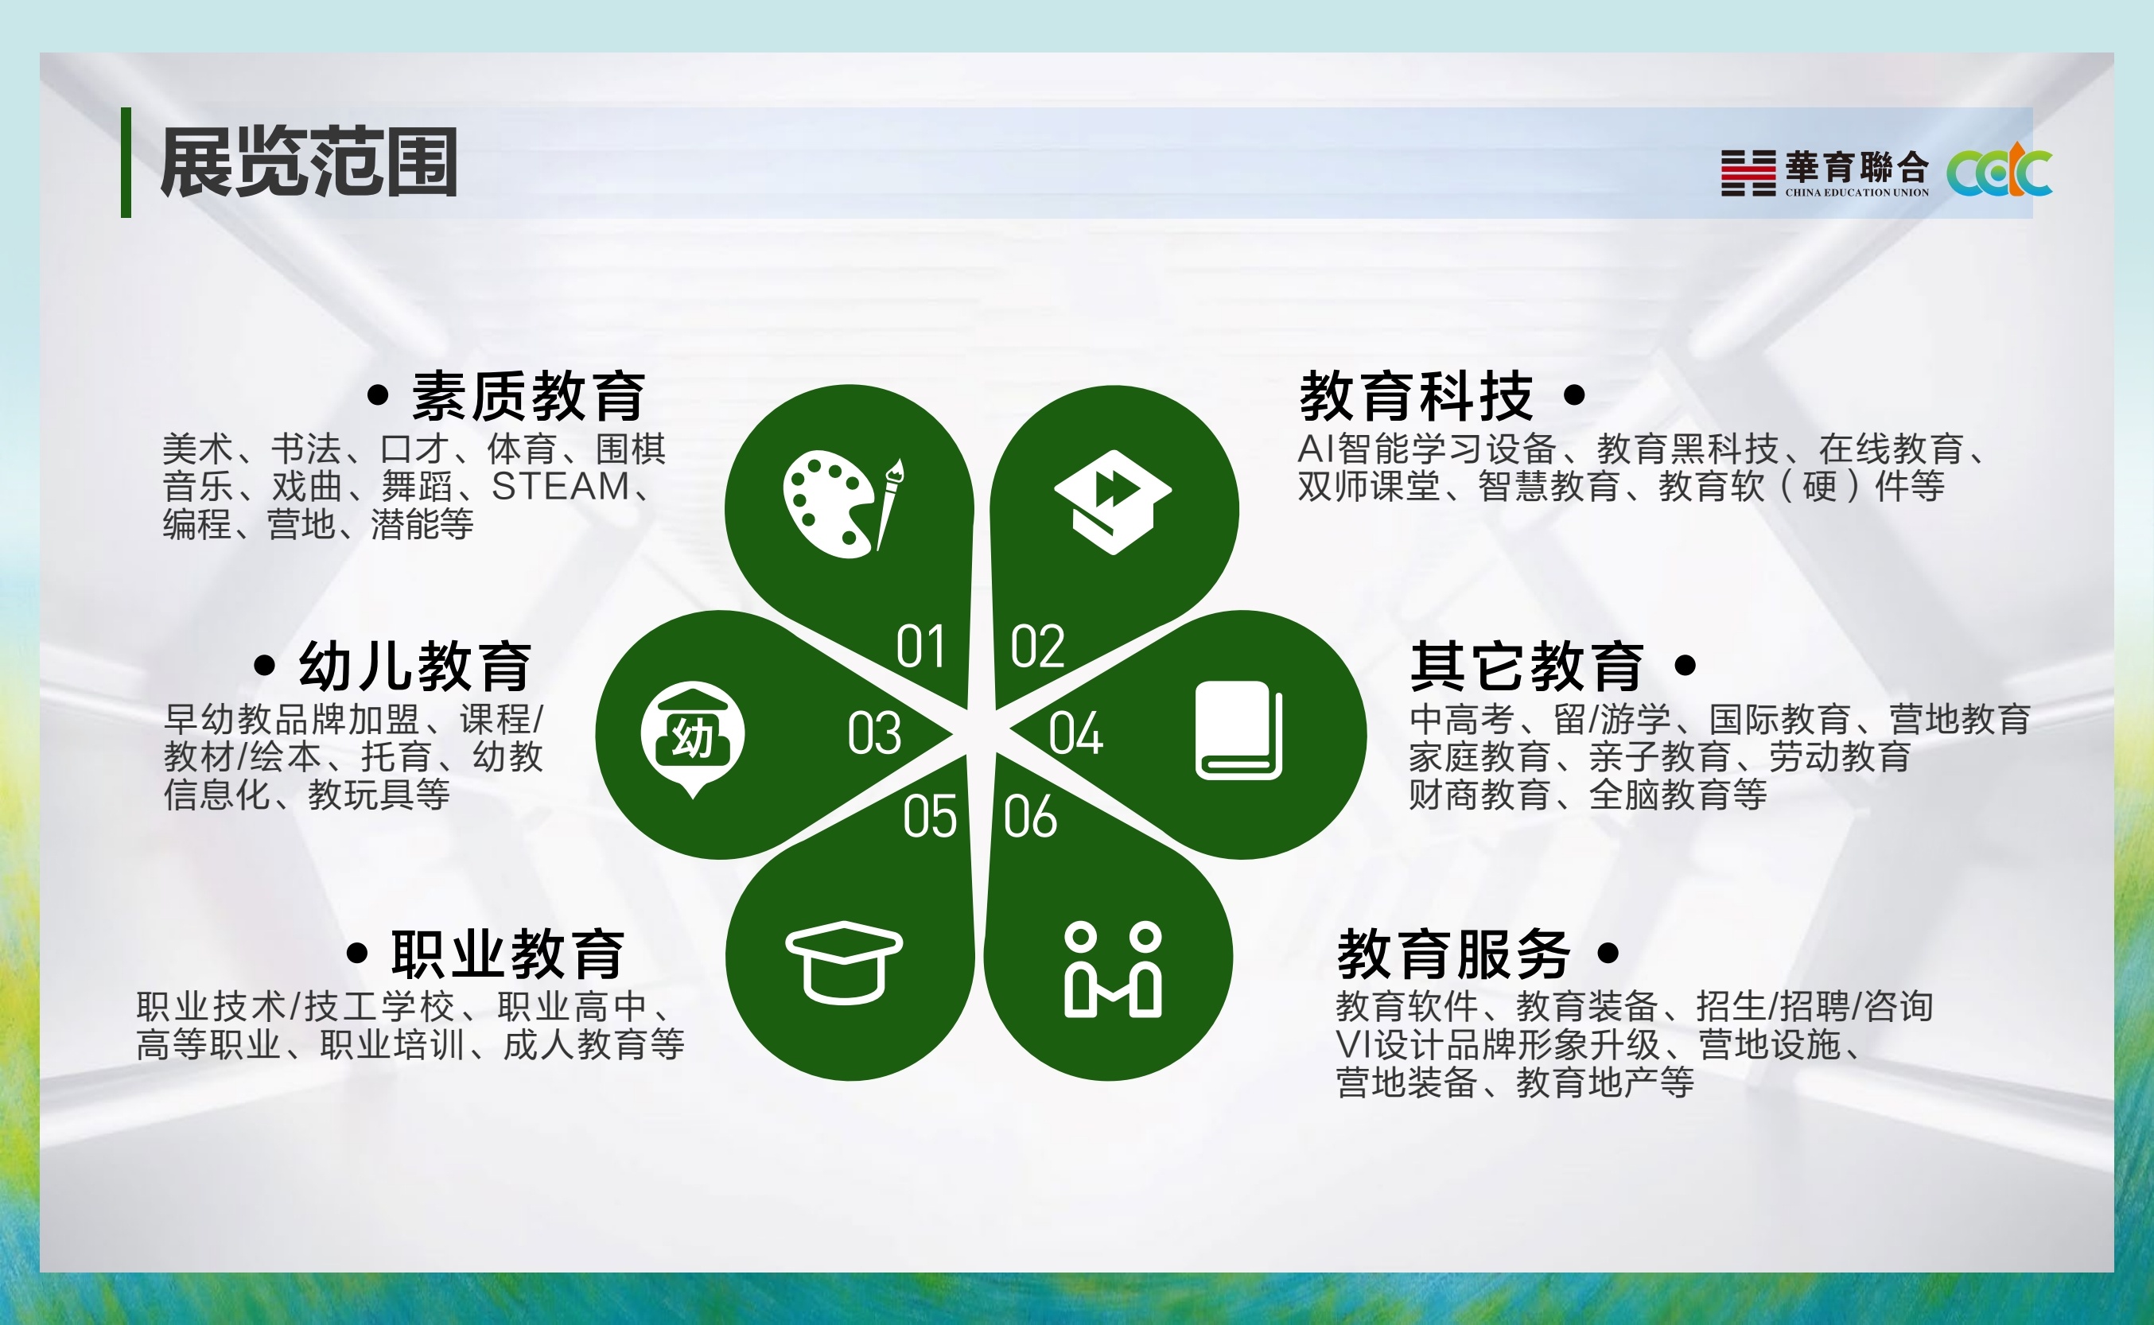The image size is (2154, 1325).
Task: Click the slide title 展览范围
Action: click(x=309, y=162)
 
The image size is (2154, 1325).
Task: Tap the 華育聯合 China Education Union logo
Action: click(x=1825, y=173)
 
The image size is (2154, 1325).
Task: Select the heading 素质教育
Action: click(x=528, y=396)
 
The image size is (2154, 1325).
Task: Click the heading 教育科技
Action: click(x=1416, y=396)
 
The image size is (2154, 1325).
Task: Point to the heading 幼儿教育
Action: click(x=414, y=666)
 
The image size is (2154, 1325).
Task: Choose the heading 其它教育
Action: click(x=1526, y=666)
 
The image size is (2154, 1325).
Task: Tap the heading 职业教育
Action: click(x=507, y=954)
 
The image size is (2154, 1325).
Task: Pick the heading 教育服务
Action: click(x=1454, y=954)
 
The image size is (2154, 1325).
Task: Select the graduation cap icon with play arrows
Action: click(x=1112, y=502)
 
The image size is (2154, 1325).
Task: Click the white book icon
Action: click(x=1238, y=730)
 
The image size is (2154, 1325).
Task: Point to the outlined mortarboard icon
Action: click(x=844, y=962)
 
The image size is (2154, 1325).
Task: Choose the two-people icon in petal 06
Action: click(x=1113, y=969)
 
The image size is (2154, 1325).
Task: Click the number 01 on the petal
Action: click(x=920, y=647)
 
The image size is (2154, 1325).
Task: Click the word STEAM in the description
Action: click(x=560, y=487)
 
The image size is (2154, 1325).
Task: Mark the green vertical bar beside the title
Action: click(x=126, y=162)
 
